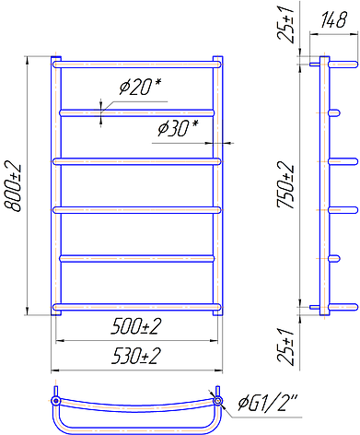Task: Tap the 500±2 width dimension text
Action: pyautogui.click(x=135, y=326)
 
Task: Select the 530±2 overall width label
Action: pyautogui.click(x=135, y=356)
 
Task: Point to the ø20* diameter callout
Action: pyautogui.click(x=140, y=87)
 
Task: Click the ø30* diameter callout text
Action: pyautogui.click(x=178, y=128)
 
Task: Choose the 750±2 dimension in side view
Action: pyautogui.click(x=285, y=185)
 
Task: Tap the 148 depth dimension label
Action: pyautogui.click(x=333, y=20)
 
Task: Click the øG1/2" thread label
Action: pyautogui.click(x=268, y=403)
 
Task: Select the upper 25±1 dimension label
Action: pyautogui.click(x=285, y=21)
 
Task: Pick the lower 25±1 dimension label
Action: pyautogui.click(x=285, y=346)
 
